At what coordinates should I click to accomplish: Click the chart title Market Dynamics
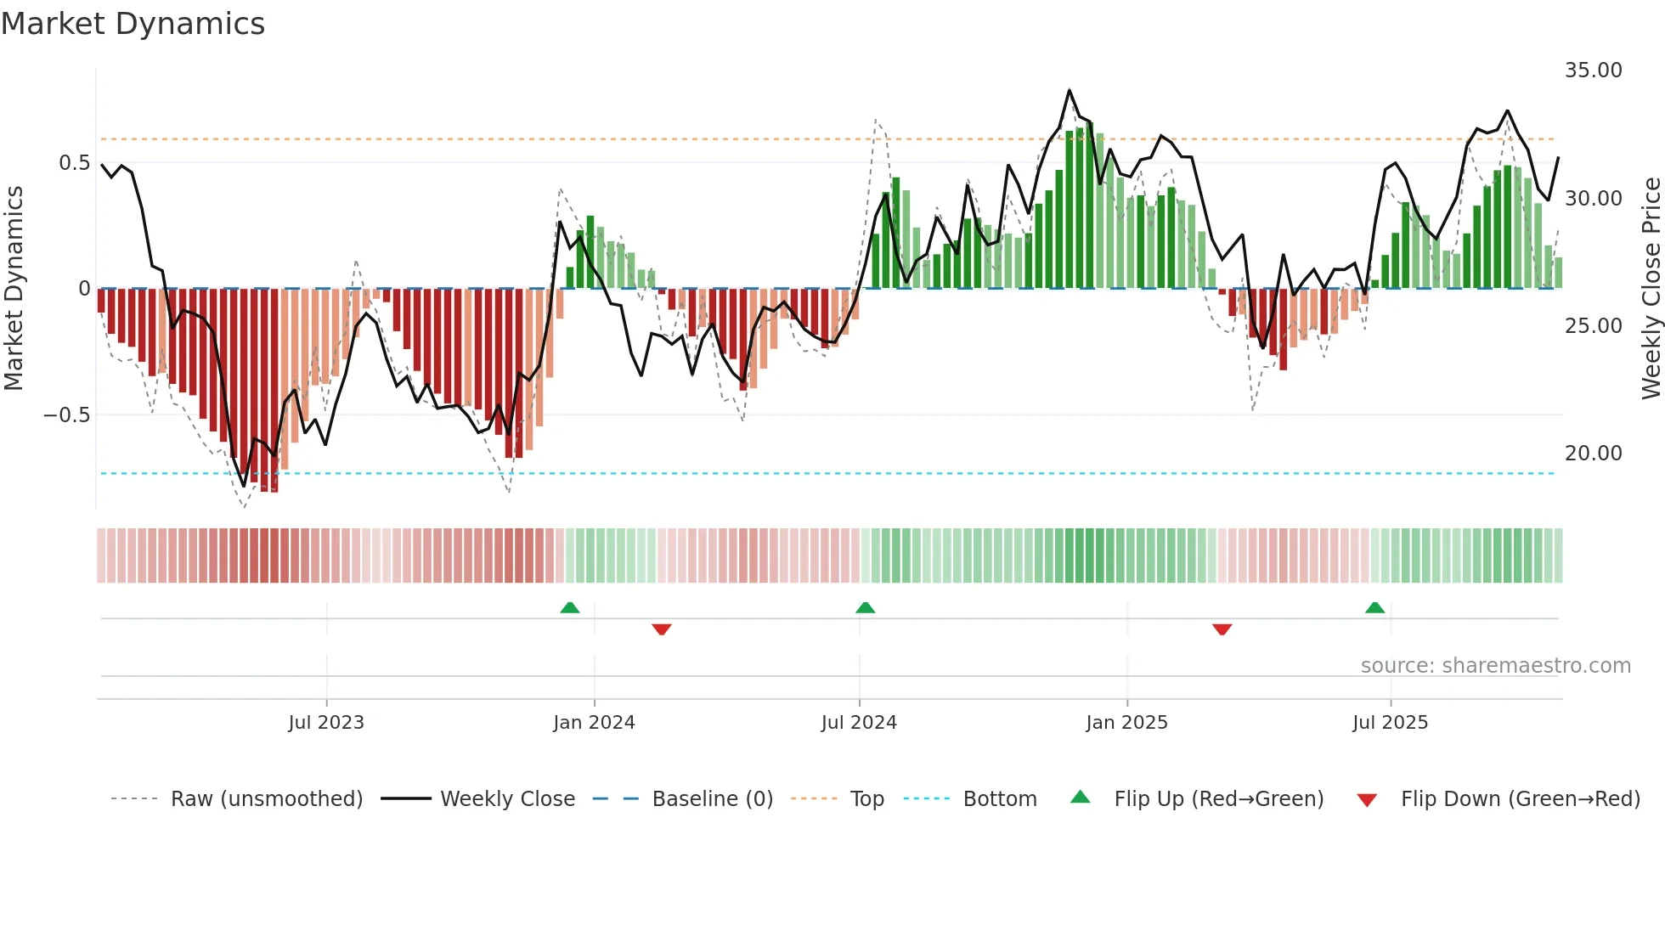click(x=133, y=24)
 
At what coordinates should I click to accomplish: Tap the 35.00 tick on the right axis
click(x=1593, y=70)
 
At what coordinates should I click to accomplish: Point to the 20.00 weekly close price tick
click(x=1593, y=454)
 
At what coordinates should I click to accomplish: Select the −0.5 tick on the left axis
click(x=66, y=415)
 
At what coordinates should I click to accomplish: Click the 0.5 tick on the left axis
click(x=74, y=163)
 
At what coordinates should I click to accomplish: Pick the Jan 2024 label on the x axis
click(x=594, y=723)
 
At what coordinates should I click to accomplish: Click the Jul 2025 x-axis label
click(x=1390, y=723)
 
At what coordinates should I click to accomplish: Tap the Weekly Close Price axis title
click(x=1651, y=289)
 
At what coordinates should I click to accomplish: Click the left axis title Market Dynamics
click(x=14, y=289)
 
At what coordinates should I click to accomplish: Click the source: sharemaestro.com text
click(x=1495, y=666)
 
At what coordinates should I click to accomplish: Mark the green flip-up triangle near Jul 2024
click(x=865, y=607)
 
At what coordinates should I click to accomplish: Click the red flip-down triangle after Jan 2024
click(x=662, y=629)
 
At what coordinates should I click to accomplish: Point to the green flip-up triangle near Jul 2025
click(x=1374, y=607)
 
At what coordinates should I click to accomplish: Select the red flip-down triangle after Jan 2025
click(x=1222, y=629)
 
